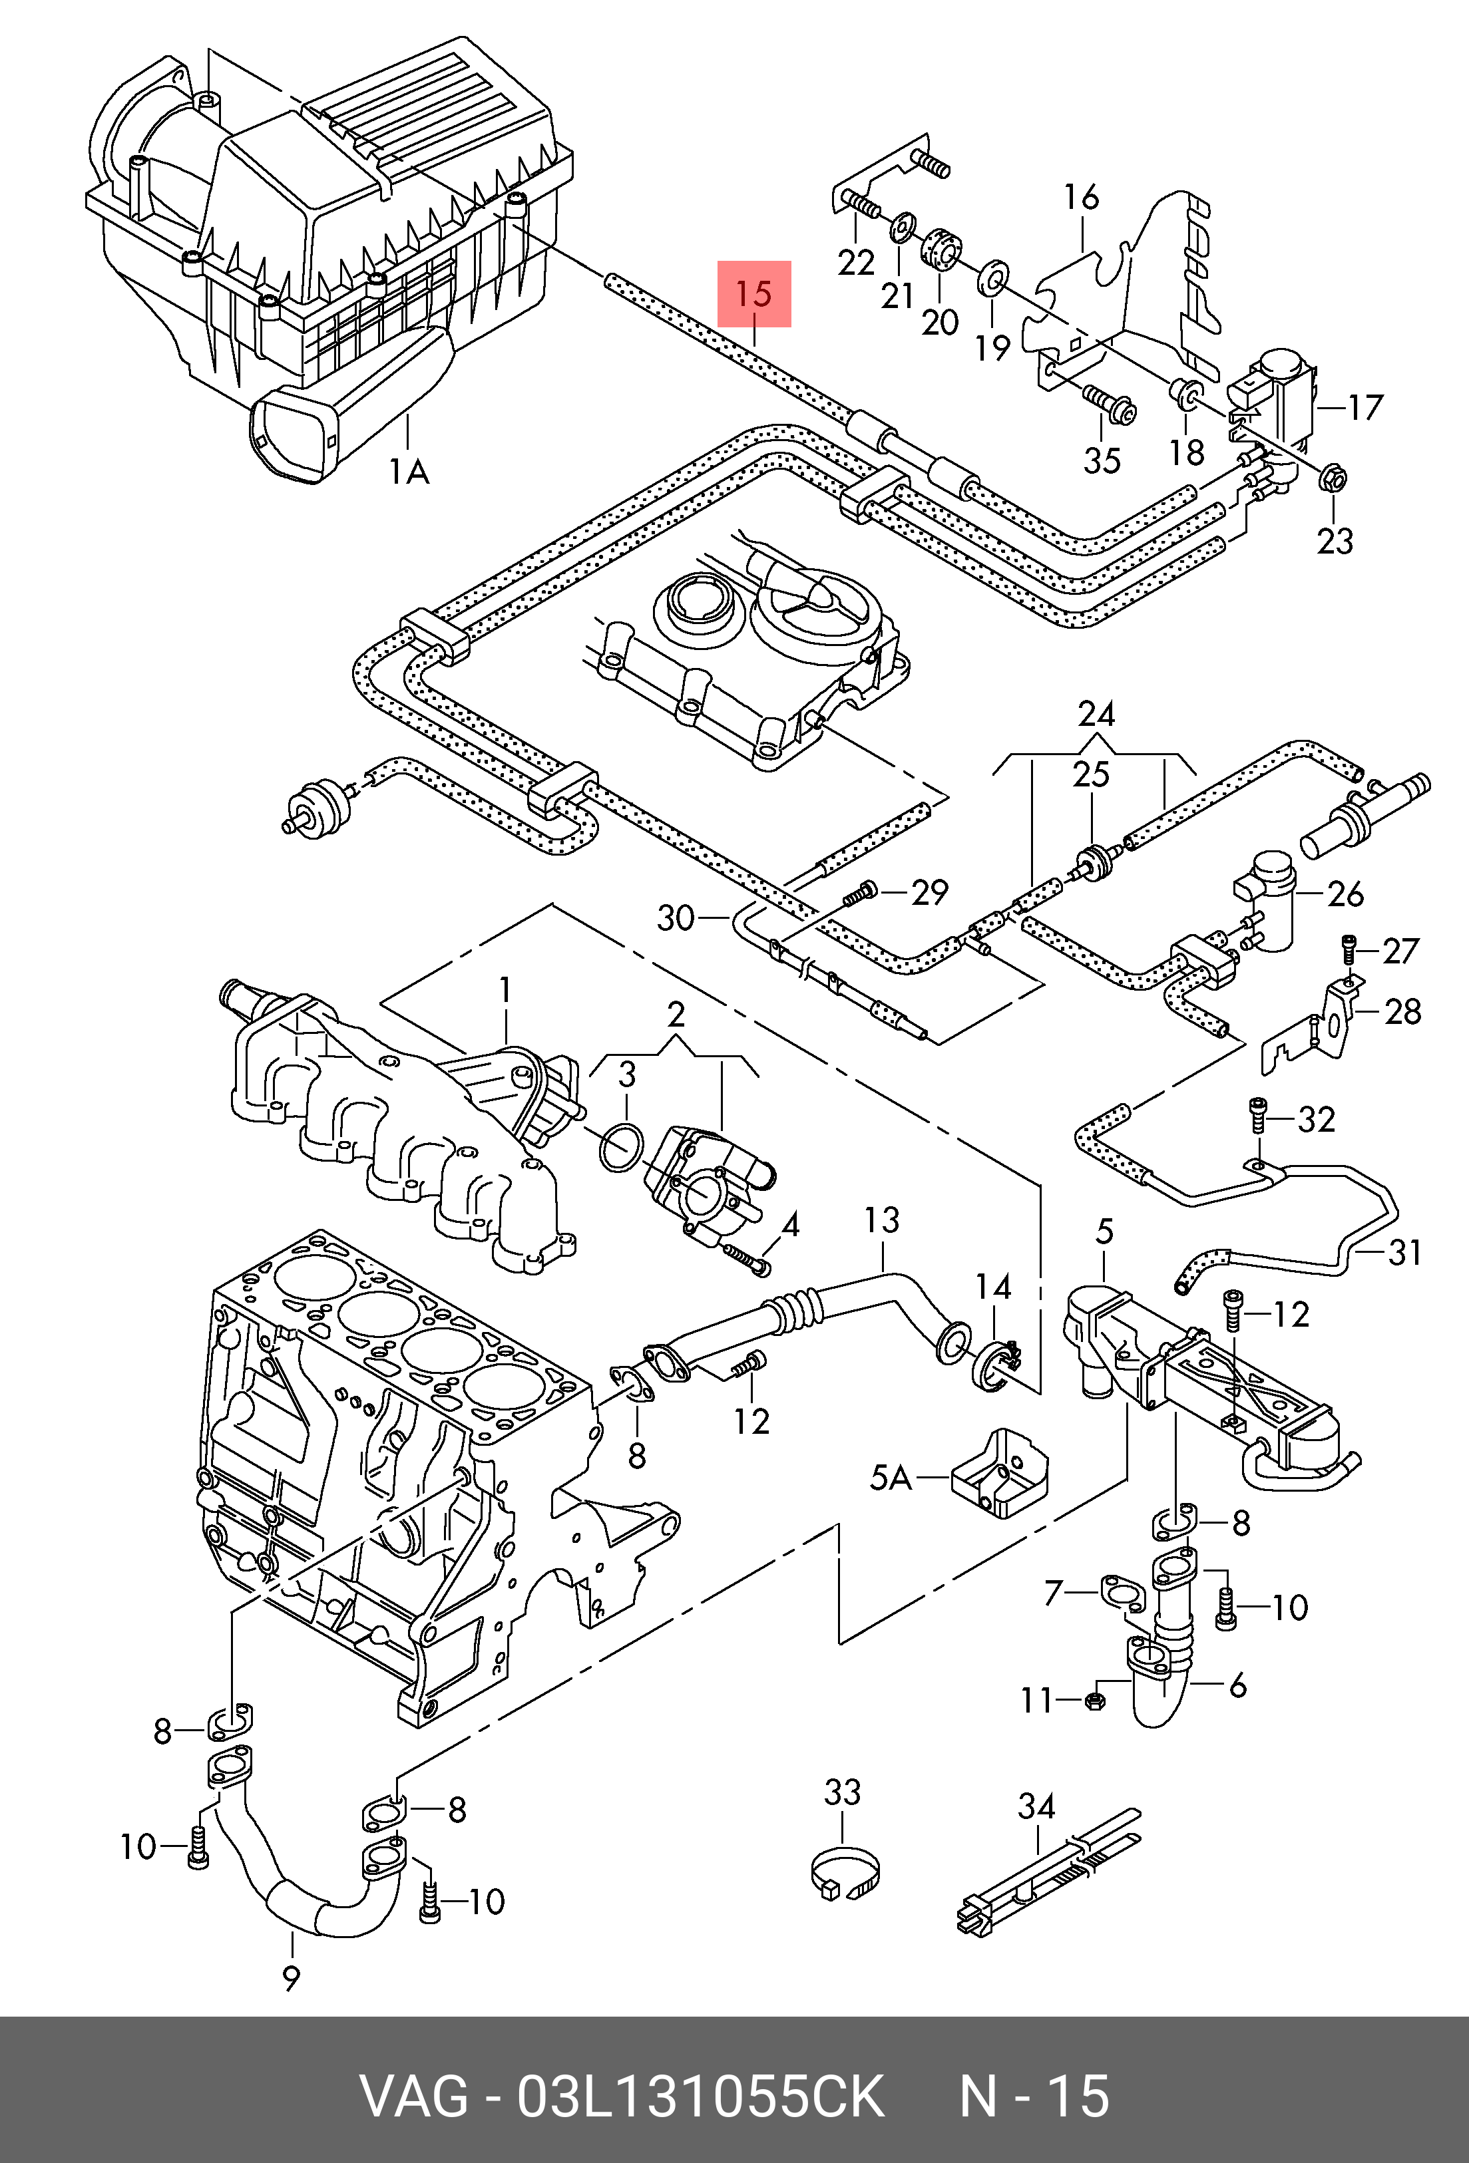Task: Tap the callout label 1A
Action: click(409, 474)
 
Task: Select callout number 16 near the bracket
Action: click(1082, 198)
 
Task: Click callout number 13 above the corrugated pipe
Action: click(881, 1220)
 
